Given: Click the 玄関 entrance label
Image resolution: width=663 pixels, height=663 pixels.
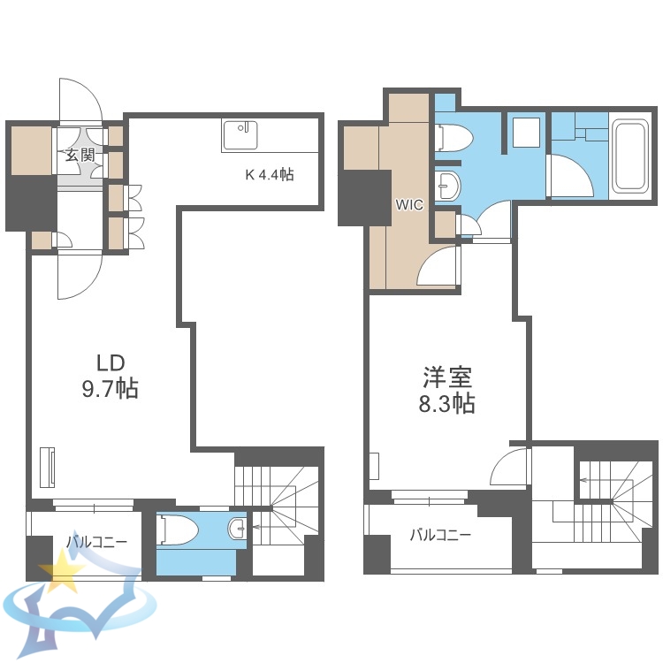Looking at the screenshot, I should click(80, 156).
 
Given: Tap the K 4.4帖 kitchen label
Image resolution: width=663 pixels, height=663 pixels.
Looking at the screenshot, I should click(269, 175).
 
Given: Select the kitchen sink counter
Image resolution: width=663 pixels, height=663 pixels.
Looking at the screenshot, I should click(240, 136).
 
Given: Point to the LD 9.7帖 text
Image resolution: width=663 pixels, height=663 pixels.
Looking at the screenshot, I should click(110, 376).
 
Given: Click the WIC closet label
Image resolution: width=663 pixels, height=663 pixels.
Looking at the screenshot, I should click(408, 204).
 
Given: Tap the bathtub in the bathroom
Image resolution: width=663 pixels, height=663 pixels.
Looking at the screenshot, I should click(633, 156).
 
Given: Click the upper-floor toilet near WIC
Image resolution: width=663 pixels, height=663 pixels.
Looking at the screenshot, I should click(455, 138).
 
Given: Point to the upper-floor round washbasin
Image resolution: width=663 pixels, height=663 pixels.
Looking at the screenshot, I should click(448, 187).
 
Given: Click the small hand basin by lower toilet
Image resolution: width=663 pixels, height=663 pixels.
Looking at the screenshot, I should click(237, 529).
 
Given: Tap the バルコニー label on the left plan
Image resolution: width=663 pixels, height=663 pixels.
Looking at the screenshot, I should click(98, 542).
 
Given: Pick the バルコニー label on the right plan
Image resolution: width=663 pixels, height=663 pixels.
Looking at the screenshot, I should click(439, 535).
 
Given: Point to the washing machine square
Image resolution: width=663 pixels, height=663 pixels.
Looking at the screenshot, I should click(527, 133).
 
